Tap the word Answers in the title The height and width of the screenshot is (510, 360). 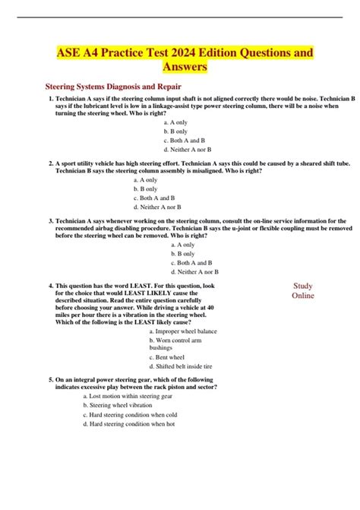179,69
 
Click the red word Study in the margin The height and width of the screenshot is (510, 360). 303,286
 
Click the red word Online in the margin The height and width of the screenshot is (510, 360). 303,296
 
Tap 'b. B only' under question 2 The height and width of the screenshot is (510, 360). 146,188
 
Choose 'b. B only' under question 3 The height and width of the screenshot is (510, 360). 183,254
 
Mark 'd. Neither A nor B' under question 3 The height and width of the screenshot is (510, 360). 194,271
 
